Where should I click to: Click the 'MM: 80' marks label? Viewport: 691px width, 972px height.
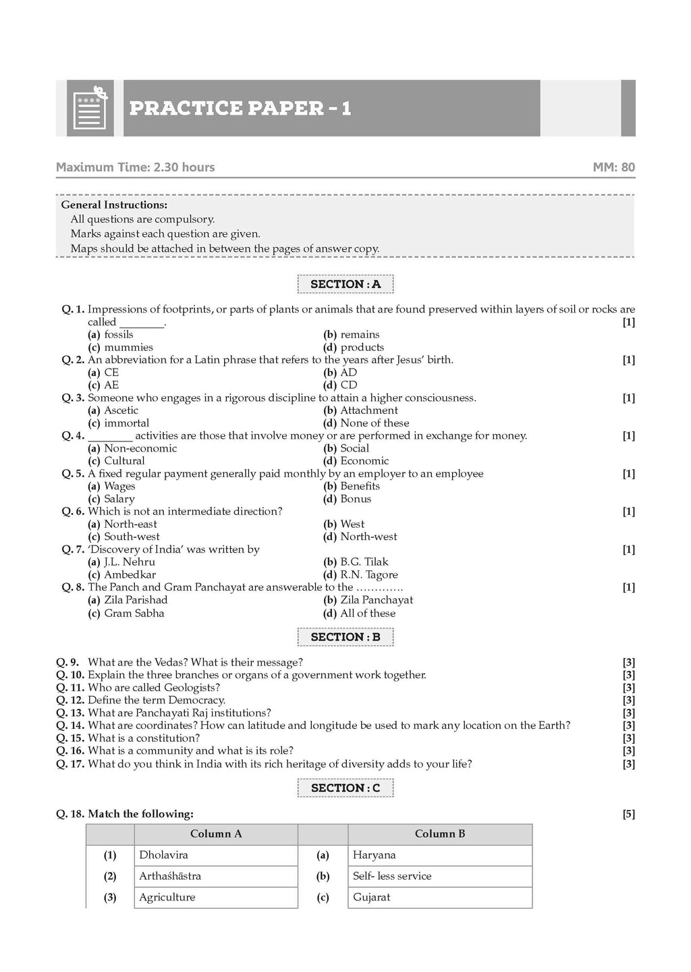[613, 167]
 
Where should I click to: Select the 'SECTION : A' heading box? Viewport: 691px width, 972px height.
[345, 284]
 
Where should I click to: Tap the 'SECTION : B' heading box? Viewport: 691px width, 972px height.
[345, 637]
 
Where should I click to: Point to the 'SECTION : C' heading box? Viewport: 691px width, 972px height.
[345, 788]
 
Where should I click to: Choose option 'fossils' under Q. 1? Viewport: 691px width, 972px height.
[119, 335]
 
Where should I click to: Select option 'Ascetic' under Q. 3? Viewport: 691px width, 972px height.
[121, 410]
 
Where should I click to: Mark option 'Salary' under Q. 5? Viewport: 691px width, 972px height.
[119, 499]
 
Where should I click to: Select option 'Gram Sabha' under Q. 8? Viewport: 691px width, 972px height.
[134, 613]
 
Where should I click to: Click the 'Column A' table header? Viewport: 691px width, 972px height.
[216, 834]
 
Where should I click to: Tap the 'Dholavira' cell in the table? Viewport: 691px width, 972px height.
[164, 855]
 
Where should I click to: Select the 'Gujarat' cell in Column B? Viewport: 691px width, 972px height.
[371, 897]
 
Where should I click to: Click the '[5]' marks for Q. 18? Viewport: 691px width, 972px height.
[628, 814]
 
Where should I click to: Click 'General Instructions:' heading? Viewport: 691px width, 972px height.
[114, 205]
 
